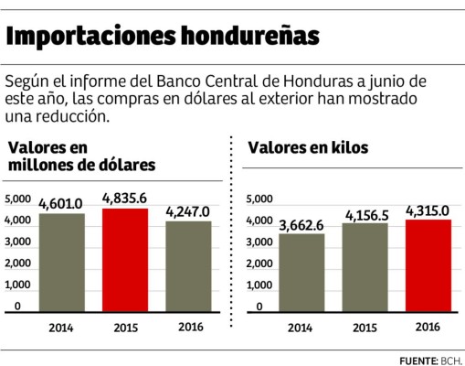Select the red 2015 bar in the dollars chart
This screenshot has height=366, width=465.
124,261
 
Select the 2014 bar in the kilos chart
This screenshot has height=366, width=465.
301,274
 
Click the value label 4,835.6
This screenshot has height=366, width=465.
124,198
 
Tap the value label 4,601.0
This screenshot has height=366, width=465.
61,203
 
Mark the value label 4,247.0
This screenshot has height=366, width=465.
187,210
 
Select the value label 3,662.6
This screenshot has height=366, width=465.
301,223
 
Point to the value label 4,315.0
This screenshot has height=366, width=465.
428,210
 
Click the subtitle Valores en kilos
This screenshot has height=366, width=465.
309,147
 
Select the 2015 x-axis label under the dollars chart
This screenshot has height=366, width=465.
124,327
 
